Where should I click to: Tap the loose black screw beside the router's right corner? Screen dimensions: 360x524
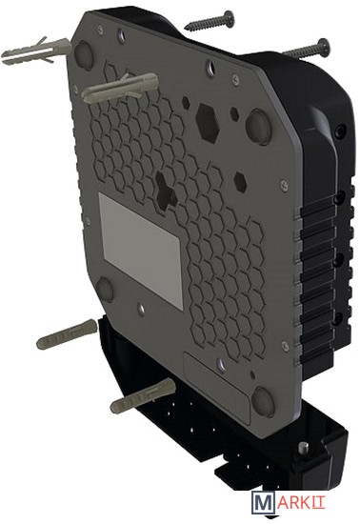coord(306,49)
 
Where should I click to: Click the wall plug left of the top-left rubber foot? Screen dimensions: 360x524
coord(36,51)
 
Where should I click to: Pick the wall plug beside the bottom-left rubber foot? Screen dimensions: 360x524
coord(67,333)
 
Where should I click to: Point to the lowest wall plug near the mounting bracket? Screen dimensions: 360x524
coord(143,396)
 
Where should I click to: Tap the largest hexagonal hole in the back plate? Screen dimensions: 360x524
coord(208,122)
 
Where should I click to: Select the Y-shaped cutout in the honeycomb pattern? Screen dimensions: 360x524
coord(166,191)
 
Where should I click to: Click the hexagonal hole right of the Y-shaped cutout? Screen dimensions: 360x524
coord(240,182)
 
